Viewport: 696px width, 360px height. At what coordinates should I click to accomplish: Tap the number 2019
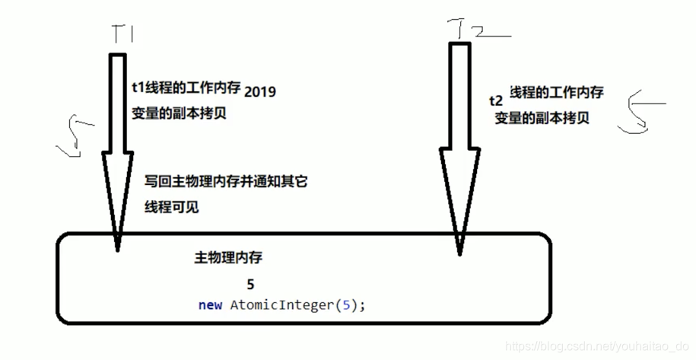pos(260,91)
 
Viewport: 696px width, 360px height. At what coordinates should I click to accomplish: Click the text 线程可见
pos(172,206)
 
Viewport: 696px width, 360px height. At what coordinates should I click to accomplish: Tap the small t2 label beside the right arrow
pos(495,100)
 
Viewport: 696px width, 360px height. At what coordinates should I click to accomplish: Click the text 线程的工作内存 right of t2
pos(556,92)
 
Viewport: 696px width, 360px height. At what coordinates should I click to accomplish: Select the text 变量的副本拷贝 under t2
pos(542,118)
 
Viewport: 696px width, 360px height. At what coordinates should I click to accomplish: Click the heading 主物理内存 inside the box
pos(228,258)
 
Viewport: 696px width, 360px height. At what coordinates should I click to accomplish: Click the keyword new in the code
pos(209,305)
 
